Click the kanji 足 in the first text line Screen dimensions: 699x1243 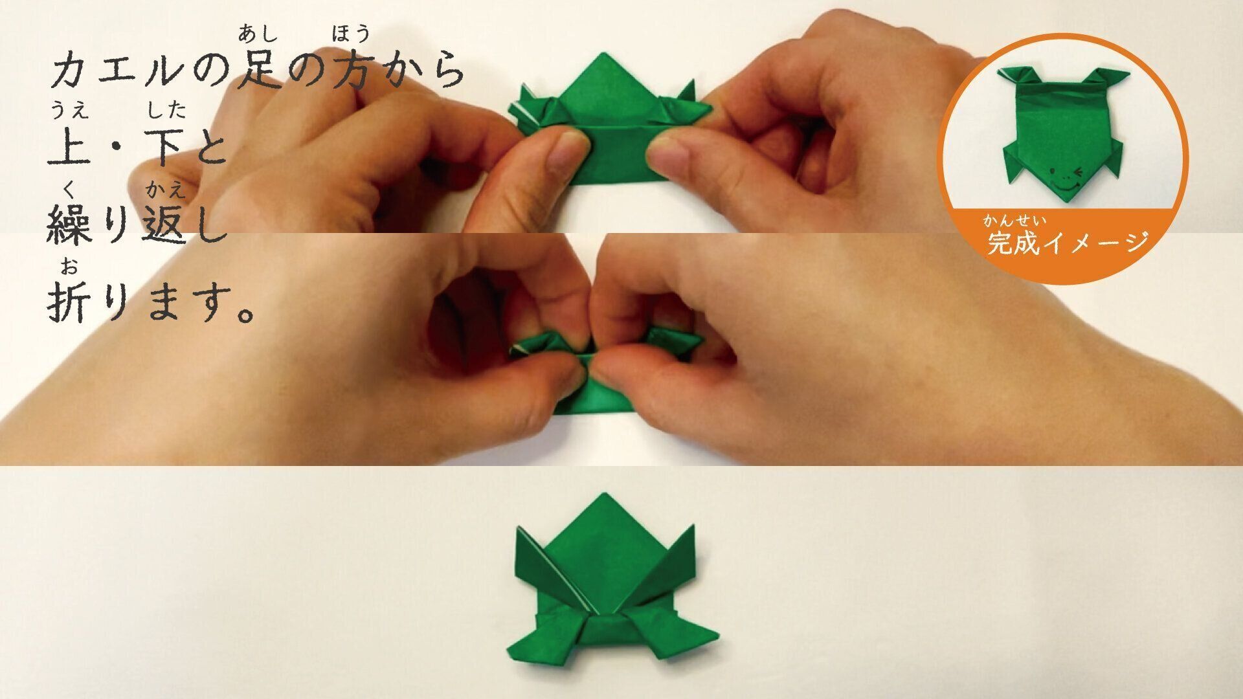260,71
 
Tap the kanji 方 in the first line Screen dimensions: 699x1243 350,71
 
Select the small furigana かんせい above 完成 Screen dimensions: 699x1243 1014,221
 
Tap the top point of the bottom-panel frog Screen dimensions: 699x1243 603,497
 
